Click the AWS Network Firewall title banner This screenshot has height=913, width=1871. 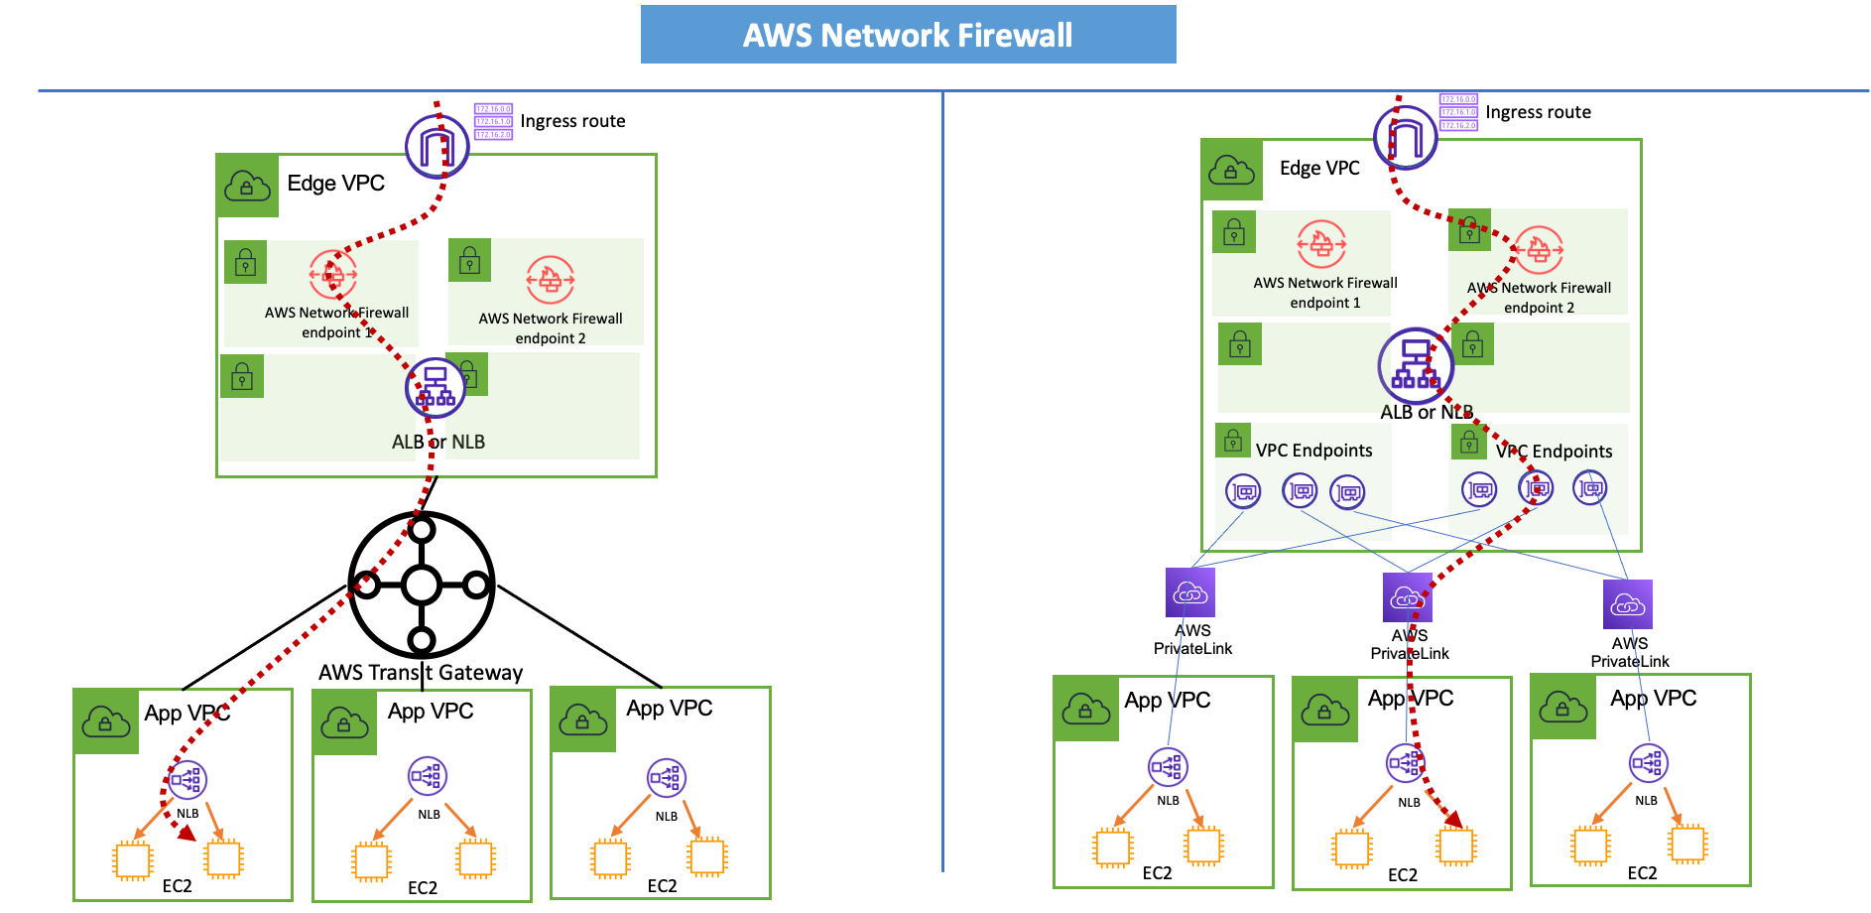pyautogui.click(x=908, y=35)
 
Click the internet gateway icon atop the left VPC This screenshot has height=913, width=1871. pyautogui.click(x=437, y=146)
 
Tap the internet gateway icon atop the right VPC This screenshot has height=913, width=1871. pyautogui.click(x=1405, y=137)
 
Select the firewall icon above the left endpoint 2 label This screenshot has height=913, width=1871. pyautogui.click(x=550, y=279)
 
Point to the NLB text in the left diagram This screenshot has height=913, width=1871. pyautogui.click(x=468, y=442)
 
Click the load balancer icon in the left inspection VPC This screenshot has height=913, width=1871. pyautogui.click(x=436, y=387)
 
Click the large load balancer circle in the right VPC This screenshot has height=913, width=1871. pyautogui.click(x=1416, y=365)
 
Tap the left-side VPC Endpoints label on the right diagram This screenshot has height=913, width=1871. pyautogui.click(x=1313, y=451)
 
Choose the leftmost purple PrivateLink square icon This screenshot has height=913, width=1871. pyautogui.click(x=1190, y=592)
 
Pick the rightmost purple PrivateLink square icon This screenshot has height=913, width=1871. pyautogui.click(x=1627, y=604)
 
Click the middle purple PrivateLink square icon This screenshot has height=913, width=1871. pyautogui.click(x=1407, y=597)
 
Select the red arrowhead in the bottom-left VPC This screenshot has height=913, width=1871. pyautogui.click(x=187, y=834)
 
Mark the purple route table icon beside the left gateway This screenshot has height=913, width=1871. pyautogui.click(x=493, y=122)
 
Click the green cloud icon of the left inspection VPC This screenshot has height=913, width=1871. pyautogui.click(x=247, y=186)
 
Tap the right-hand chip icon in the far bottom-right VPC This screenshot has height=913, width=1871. pyautogui.click(x=1687, y=845)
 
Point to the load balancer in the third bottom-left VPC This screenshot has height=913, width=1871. pyautogui.click(x=666, y=777)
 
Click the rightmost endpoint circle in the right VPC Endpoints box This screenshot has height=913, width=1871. pyautogui.click(x=1590, y=488)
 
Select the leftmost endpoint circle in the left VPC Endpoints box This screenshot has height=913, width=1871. pyautogui.click(x=1243, y=491)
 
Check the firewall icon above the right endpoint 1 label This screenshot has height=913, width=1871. pyautogui.click(x=1321, y=243)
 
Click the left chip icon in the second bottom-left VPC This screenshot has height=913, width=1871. pyautogui.click(x=372, y=860)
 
